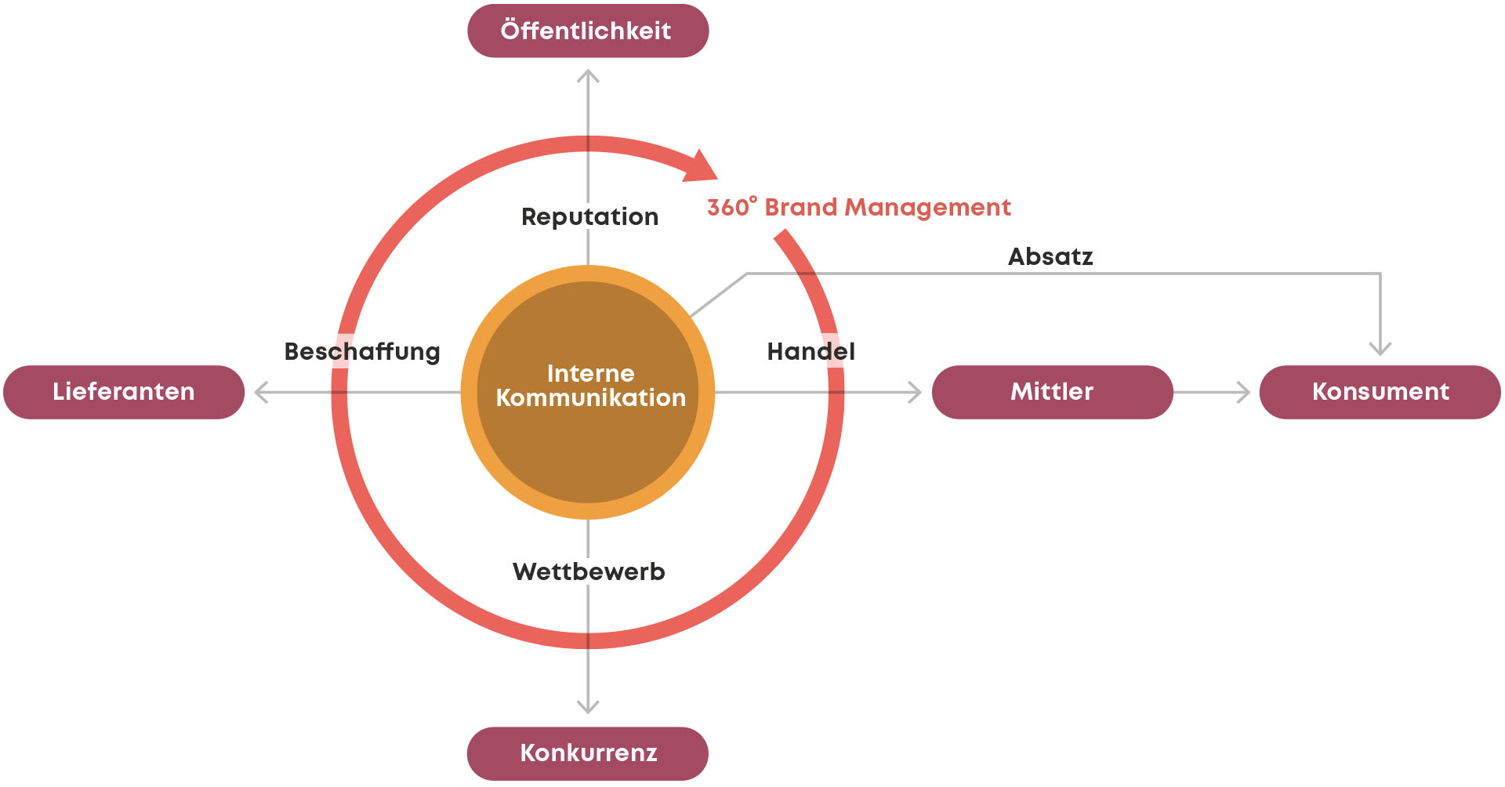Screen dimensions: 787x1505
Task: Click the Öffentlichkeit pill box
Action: point(588,31)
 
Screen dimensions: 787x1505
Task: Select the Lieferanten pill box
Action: point(124,392)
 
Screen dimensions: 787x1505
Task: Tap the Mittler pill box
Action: point(1052,392)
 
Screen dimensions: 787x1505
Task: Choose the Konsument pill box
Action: point(1380,392)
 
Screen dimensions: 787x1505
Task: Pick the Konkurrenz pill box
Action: point(588,753)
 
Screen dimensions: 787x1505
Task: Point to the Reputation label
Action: point(589,217)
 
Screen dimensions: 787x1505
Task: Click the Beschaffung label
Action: point(362,352)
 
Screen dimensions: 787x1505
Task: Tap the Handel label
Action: point(811,352)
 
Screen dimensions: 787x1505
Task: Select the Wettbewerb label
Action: point(589,572)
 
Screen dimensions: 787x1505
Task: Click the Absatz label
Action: point(1050,257)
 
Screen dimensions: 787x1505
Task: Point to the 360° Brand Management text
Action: point(859,208)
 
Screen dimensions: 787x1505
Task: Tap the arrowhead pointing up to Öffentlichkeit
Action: point(588,75)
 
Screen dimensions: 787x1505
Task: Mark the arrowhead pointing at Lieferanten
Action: point(261,392)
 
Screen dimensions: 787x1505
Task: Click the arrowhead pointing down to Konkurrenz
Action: point(588,707)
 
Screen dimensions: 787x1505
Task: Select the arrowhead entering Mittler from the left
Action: point(915,392)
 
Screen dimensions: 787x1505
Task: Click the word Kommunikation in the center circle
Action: point(591,398)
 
